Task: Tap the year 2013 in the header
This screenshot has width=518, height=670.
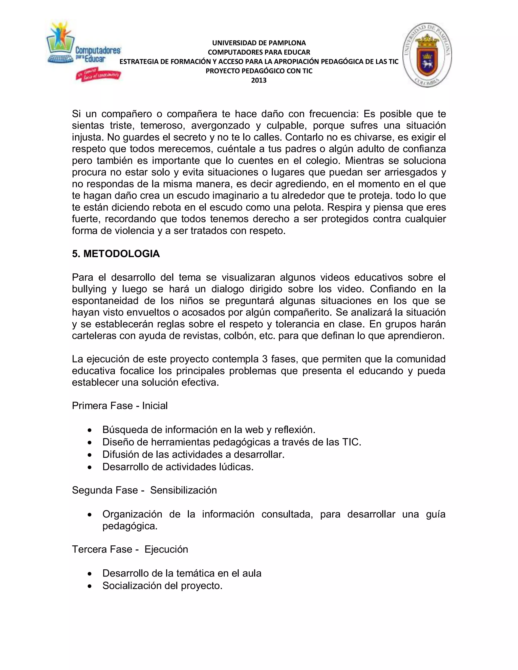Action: point(259,80)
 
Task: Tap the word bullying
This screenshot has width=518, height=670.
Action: point(89,289)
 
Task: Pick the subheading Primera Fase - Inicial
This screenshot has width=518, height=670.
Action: point(120,406)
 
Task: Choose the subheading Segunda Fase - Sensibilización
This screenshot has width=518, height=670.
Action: point(144,490)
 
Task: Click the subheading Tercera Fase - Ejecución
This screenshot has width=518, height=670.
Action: point(130,549)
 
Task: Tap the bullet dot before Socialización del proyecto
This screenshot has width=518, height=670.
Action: point(89,586)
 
